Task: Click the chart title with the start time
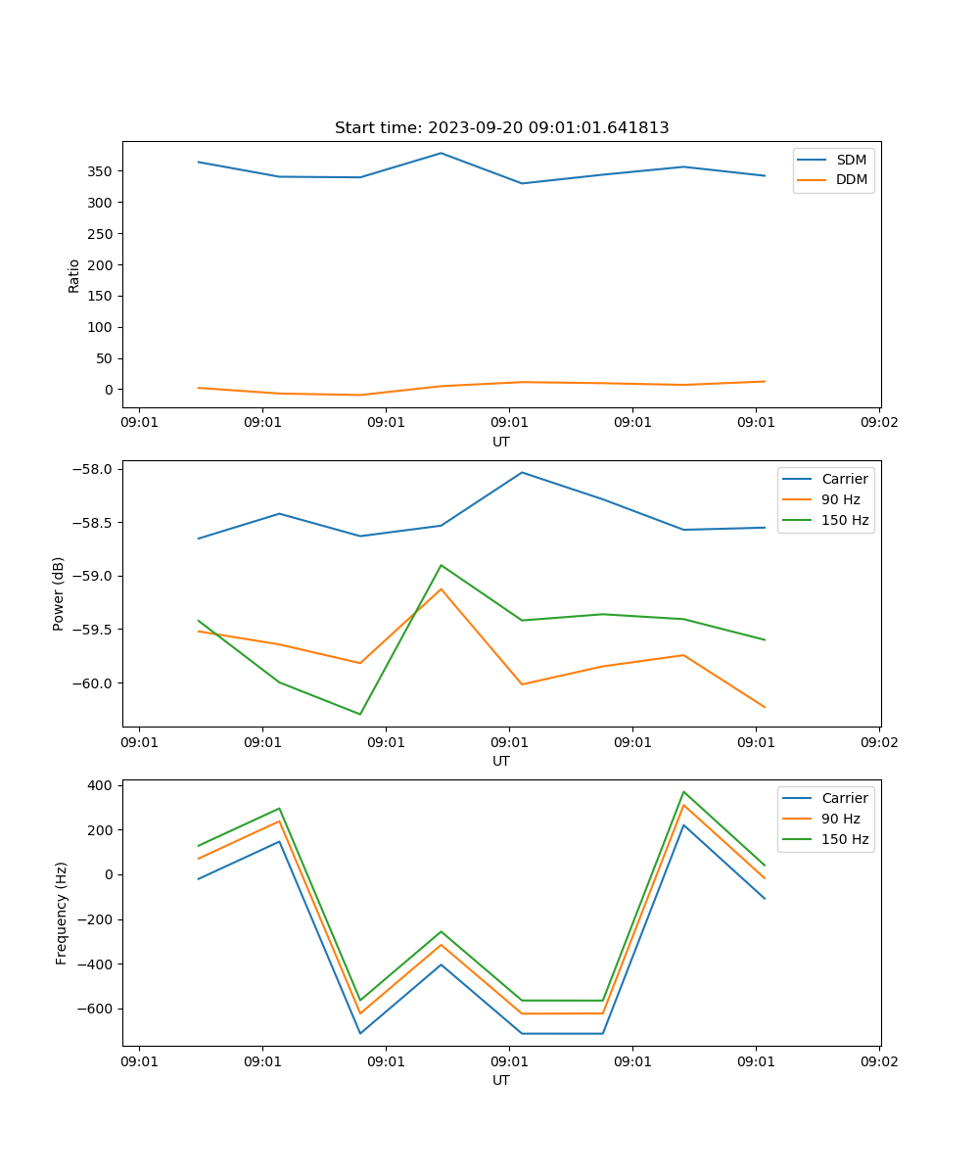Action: [x=501, y=128]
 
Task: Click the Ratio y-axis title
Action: [x=74, y=275]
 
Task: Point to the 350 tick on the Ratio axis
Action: [x=102, y=171]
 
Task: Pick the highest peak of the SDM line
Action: [x=441, y=153]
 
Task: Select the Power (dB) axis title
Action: [x=59, y=593]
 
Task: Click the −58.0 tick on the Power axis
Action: [x=94, y=469]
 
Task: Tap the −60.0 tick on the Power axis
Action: [x=94, y=682]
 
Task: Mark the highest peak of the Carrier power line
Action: [x=522, y=472]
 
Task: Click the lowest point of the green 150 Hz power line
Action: [x=360, y=714]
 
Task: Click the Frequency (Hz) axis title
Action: [x=61, y=913]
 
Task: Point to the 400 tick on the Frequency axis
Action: [x=102, y=785]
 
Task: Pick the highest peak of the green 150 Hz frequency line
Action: [x=683, y=792]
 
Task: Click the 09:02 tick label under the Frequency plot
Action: [x=878, y=1060]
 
